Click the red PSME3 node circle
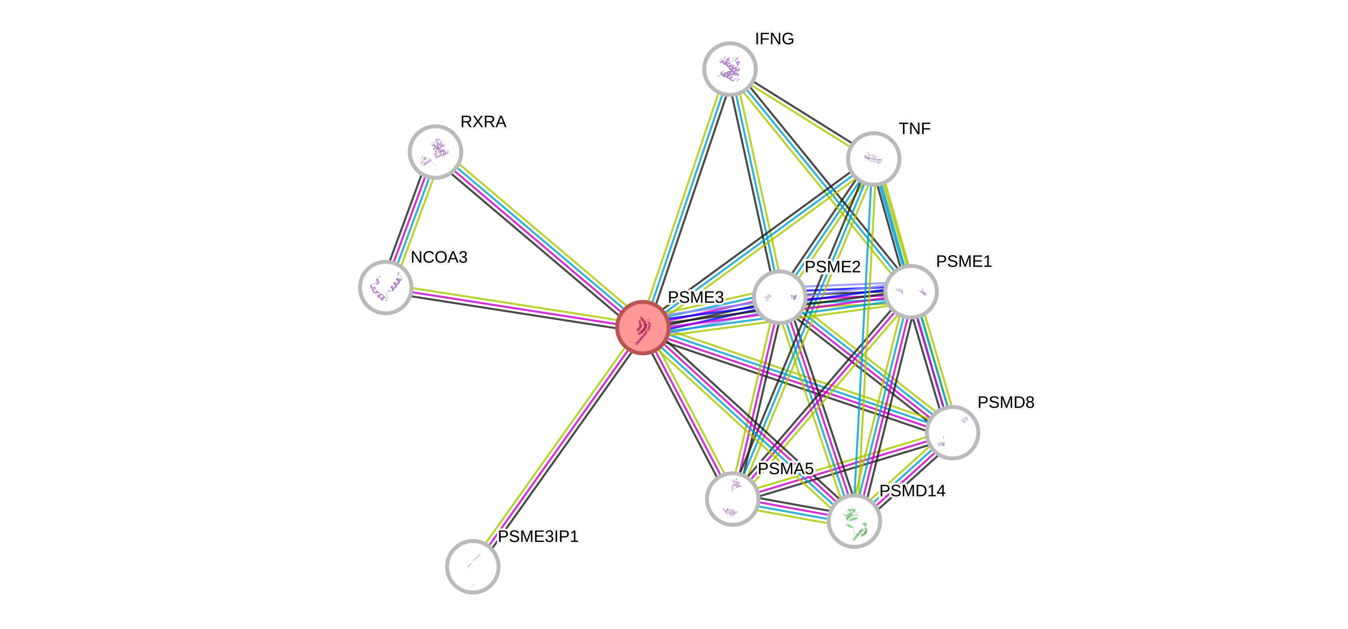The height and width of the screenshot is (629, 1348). click(x=642, y=328)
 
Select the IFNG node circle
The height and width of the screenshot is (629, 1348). click(x=730, y=68)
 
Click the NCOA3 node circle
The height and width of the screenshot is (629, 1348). click(x=386, y=287)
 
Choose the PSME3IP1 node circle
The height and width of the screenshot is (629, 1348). click(x=472, y=566)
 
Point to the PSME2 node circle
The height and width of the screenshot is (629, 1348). click(x=779, y=297)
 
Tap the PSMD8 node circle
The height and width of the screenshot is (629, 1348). click(x=952, y=433)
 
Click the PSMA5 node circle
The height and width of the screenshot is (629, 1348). click(x=732, y=498)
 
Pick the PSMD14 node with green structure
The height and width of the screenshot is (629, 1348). click(x=854, y=521)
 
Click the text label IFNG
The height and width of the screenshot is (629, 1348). click(x=774, y=39)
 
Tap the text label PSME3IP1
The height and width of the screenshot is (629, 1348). click(x=538, y=536)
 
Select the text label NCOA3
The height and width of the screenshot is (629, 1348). click(x=439, y=258)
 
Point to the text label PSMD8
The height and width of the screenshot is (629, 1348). click(x=1005, y=402)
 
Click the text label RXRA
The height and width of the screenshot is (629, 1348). click(x=484, y=122)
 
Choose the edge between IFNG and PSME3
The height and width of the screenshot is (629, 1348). click(x=686, y=199)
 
